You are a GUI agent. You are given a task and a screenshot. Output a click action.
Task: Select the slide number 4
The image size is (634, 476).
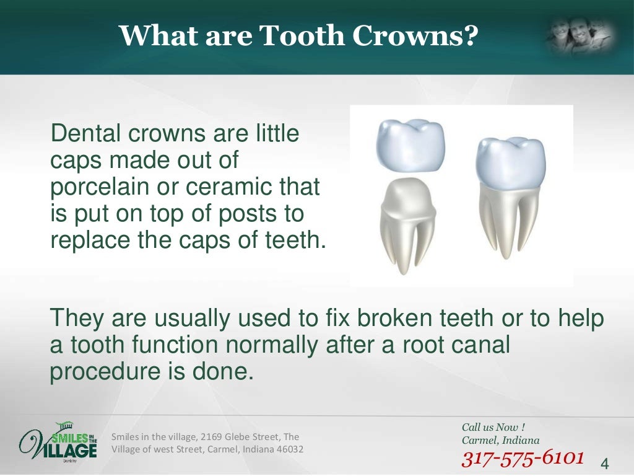click(x=605, y=464)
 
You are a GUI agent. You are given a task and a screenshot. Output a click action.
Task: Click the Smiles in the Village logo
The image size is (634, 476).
click(x=58, y=442)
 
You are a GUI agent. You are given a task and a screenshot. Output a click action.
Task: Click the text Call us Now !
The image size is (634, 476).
click(x=493, y=427)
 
